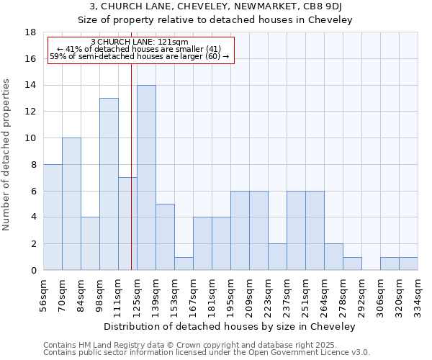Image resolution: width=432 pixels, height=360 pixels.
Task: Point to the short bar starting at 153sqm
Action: (184, 264)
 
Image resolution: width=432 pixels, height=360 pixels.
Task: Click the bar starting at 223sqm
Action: (277, 257)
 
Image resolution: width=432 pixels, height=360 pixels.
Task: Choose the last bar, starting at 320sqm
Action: (408, 264)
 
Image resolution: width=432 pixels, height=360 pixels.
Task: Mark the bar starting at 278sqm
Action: (352, 264)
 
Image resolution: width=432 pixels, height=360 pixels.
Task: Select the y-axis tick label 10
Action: (30, 138)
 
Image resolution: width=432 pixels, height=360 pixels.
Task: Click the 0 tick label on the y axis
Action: (33, 271)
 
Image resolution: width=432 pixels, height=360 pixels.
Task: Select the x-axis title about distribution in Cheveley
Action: (230, 326)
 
